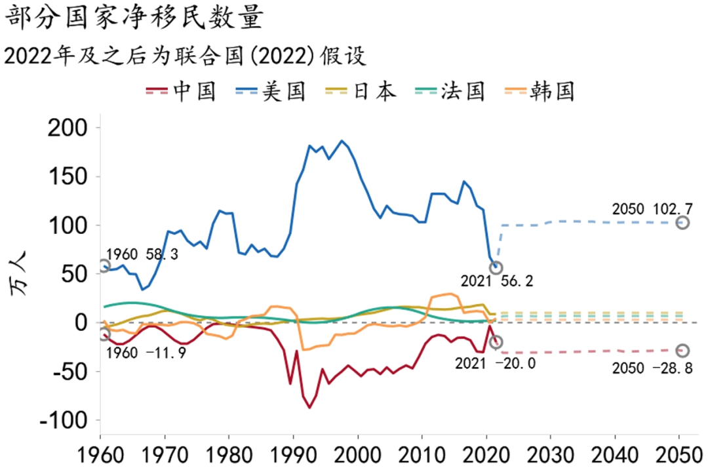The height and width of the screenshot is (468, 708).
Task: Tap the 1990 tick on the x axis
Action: [x=294, y=453]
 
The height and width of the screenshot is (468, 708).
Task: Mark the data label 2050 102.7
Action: [x=652, y=209]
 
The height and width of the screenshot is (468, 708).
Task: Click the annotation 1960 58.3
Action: [x=142, y=254]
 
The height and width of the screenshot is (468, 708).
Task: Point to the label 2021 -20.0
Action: [x=496, y=362]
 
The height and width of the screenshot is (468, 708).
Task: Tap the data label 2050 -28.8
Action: [x=652, y=368]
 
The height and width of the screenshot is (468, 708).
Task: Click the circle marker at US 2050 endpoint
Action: [x=682, y=223]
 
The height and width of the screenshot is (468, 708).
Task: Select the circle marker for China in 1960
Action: [x=104, y=334]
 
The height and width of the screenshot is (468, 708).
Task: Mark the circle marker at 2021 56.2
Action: [x=496, y=267]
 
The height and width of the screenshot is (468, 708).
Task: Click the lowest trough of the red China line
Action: [x=309, y=408]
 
